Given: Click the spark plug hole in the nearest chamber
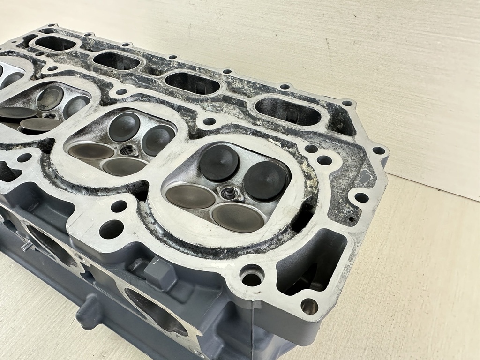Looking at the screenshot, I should click(229, 193).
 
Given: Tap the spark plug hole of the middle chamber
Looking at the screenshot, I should click(127, 150).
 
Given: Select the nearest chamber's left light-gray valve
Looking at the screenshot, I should click(190, 196).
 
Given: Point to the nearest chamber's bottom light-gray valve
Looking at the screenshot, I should click(237, 217).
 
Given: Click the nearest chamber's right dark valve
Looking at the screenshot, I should click(265, 180).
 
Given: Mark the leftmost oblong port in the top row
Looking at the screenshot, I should click(55, 44).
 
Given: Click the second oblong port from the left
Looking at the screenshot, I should click(117, 61).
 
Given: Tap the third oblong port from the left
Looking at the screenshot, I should click(193, 83).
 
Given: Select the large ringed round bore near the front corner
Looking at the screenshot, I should click(252, 277).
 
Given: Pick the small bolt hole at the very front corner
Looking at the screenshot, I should click(309, 306).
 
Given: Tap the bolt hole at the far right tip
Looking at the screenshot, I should click(378, 151).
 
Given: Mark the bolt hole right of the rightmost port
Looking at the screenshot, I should click(347, 104).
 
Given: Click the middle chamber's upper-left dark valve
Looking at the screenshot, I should click(124, 127).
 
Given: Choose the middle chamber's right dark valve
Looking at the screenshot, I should click(158, 140).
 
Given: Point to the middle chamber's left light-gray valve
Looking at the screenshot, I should click(91, 151).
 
